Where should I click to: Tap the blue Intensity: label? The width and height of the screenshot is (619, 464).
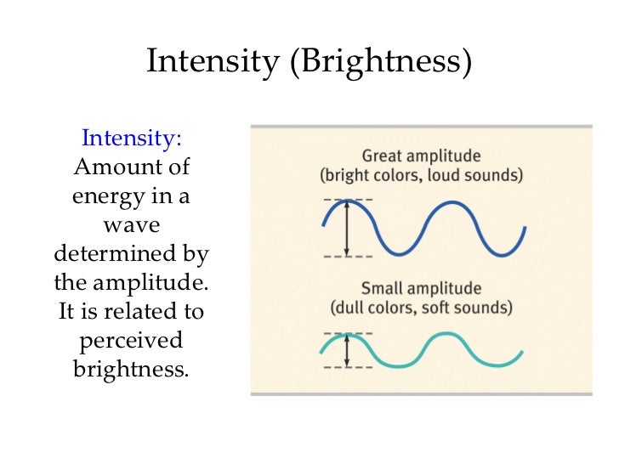pos(131,138)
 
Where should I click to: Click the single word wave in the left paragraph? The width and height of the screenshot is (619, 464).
pos(131,225)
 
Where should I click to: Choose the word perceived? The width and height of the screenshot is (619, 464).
pos(131,340)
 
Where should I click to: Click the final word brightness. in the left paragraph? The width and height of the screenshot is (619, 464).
pos(131,369)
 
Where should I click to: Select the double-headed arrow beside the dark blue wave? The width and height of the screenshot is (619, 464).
pos(347,228)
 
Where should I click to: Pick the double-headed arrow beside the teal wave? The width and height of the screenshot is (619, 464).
pos(347,350)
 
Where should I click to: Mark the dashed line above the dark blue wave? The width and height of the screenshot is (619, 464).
pos(347,199)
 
